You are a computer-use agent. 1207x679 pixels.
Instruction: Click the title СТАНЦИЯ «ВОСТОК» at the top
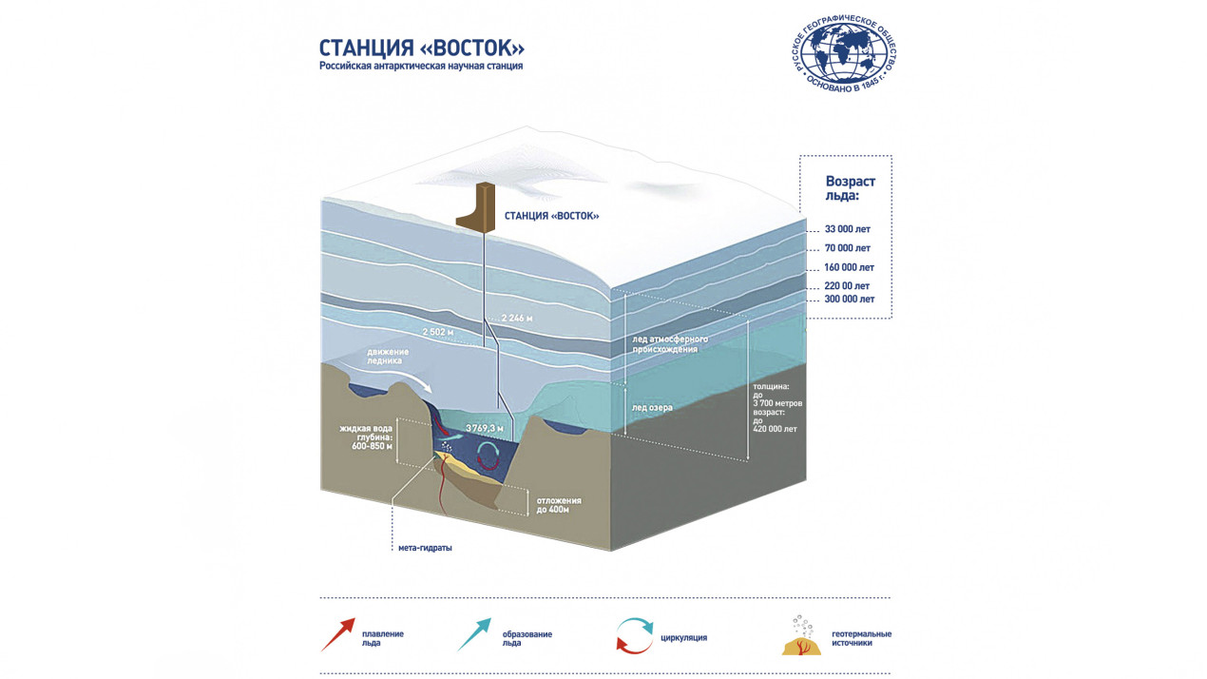point(421,48)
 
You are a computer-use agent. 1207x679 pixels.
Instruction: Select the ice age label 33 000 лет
point(848,229)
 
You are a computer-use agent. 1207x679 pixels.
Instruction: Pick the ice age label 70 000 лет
point(848,248)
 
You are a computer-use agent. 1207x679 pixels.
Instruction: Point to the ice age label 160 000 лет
point(849,267)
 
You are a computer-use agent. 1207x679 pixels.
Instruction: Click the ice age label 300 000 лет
point(849,299)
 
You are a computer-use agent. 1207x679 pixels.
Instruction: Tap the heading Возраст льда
point(851,188)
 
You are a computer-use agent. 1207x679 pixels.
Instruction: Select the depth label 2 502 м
point(437,332)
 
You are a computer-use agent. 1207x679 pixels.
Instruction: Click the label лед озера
point(652,407)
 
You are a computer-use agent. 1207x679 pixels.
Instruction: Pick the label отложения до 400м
point(559,505)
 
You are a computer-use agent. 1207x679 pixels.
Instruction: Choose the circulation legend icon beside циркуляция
point(634,635)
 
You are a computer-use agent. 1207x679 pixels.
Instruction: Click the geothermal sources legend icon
point(801,636)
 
